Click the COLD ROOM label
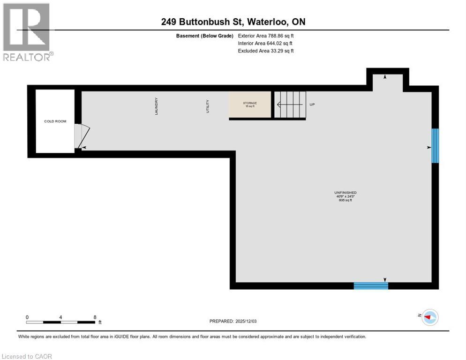point(55,121)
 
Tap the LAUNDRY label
point(157,106)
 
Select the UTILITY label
point(208,106)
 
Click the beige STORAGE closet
point(250,105)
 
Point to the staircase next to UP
point(290,105)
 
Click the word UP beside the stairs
point(312,105)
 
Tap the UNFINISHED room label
point(345,193)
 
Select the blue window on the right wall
point(435,146)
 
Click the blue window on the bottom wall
point(371,285)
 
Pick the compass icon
point(429,317)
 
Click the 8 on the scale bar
point(95,317)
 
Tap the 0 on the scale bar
point(27,317)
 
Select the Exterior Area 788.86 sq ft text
point(266,36)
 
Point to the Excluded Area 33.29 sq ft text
point(266,51)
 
